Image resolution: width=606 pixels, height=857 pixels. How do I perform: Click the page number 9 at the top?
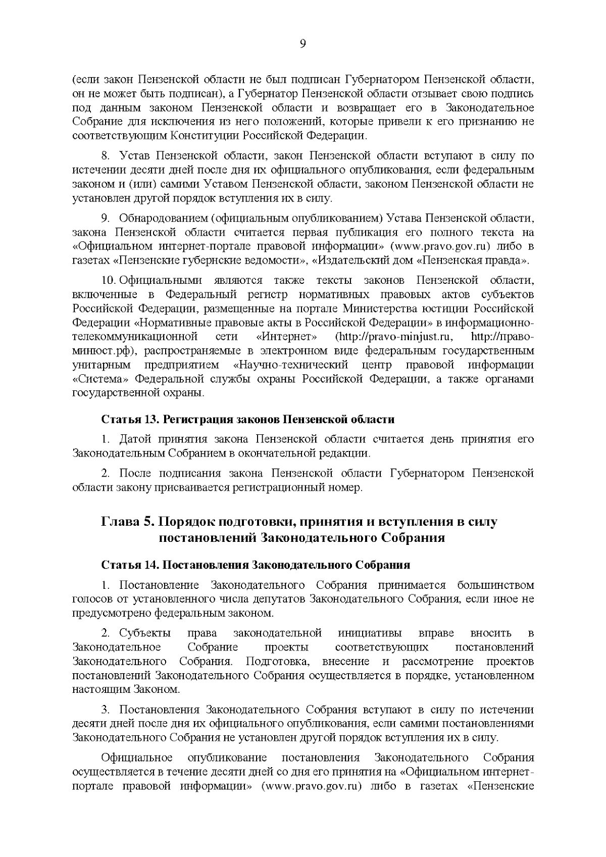[302, 43]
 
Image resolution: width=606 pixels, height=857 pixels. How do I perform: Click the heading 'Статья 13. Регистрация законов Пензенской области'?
[248, 420]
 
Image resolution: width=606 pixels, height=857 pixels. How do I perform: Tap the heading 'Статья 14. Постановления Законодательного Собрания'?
[256, 565]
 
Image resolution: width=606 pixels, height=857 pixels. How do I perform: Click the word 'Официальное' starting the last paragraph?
[137, 758]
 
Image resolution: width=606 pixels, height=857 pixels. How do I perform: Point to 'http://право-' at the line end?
[502, 336]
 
